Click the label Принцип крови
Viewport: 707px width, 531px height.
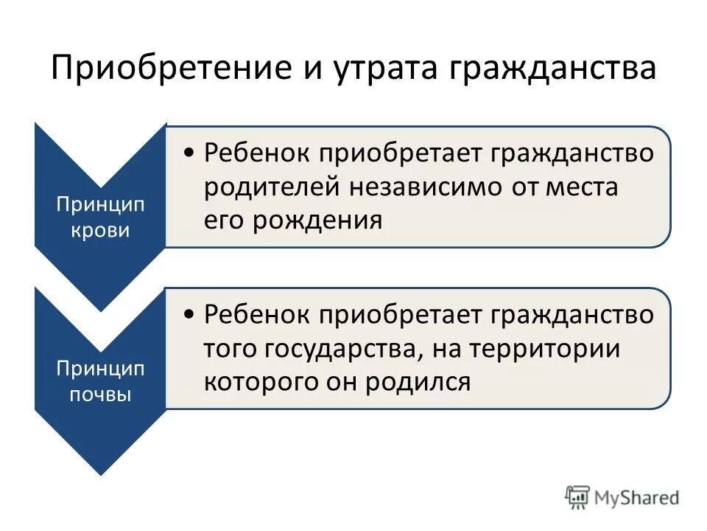[100, 217]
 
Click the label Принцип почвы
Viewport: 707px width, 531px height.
[100, 380]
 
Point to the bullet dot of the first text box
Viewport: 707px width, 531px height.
[190, 153]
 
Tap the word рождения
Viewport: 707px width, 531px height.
[317, 221]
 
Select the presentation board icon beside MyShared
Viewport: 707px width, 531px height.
[577, 497]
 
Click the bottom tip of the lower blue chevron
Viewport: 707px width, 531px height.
[100, 473]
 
